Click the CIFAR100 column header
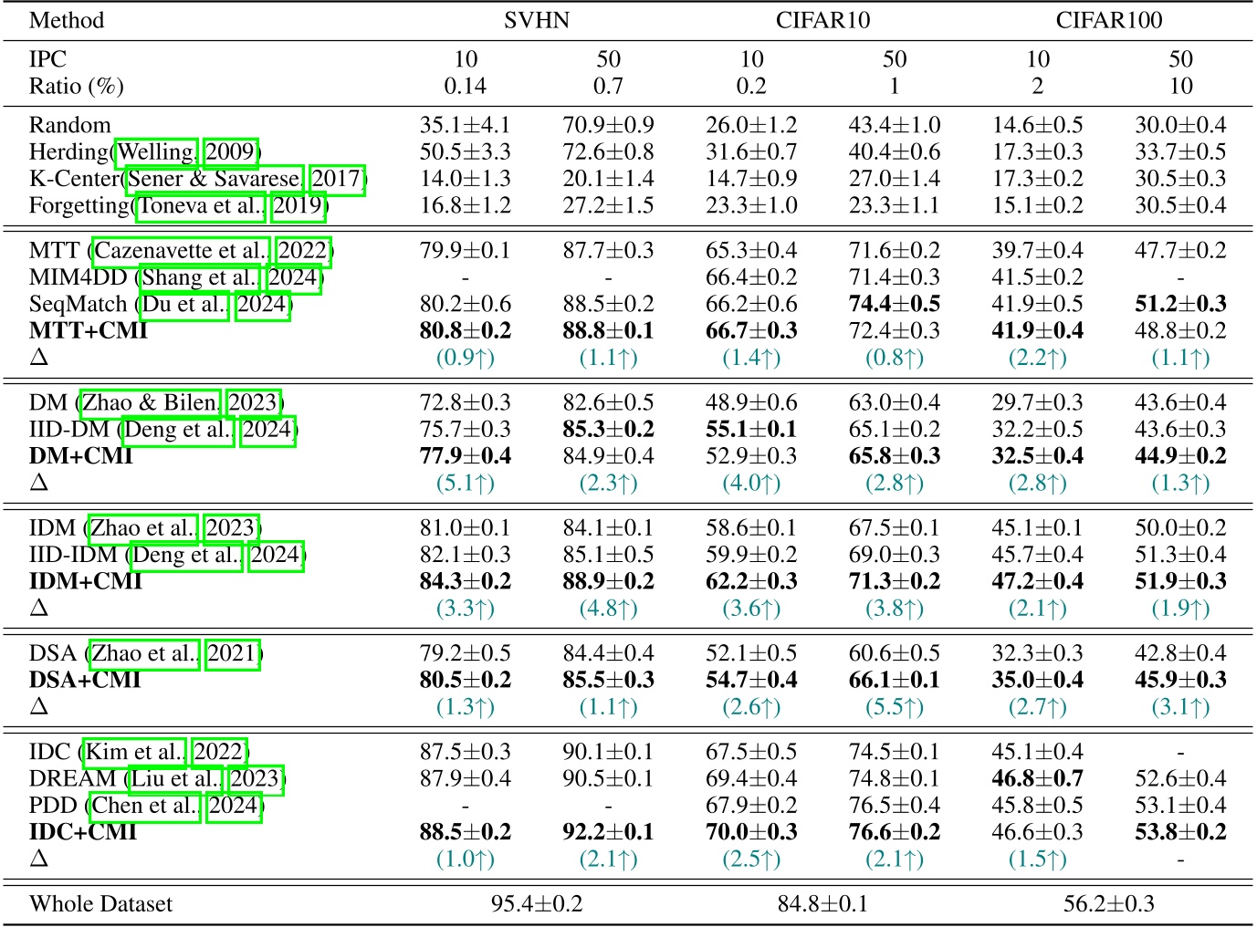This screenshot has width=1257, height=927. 1108,20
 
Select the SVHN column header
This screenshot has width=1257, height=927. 536,20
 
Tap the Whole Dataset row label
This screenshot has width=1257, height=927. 100,904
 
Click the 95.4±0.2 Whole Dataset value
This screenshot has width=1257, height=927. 536,904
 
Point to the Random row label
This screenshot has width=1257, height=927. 69,125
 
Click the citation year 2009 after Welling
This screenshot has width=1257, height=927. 230,151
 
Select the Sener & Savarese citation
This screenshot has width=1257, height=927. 215,179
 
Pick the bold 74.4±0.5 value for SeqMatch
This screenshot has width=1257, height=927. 894,304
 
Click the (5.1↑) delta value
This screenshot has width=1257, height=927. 465,483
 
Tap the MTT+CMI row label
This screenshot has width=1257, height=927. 88,330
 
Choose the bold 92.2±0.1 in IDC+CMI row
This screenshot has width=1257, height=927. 608,832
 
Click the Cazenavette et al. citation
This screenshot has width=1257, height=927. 181,251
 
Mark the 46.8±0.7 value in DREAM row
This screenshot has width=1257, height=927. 1037,779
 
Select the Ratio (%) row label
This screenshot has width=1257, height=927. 76,87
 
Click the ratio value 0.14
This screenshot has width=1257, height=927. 465,87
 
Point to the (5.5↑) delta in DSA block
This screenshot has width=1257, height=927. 894,707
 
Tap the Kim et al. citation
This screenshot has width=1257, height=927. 135,753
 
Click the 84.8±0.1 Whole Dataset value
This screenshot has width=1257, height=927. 822,904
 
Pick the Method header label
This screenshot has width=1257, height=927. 67,20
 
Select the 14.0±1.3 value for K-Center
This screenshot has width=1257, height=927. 465,179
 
